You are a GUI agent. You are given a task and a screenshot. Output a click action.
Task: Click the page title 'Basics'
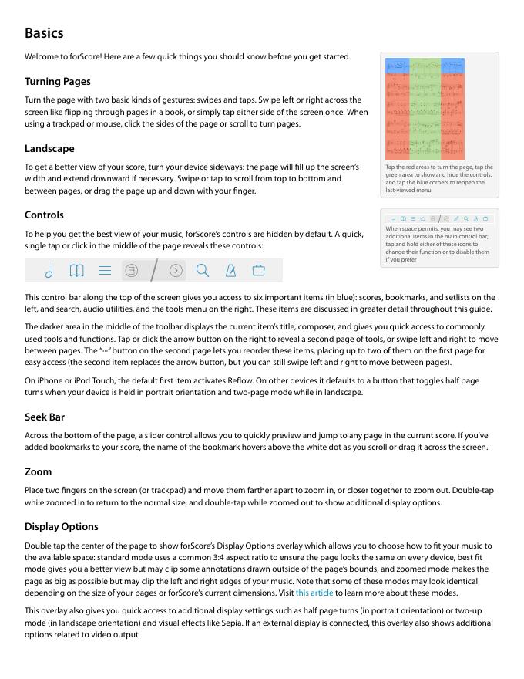(x=44, y=33)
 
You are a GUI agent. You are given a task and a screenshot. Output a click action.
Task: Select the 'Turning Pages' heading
(x=57, y=81)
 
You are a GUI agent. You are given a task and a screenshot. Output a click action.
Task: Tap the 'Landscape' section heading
(x=49, y=148)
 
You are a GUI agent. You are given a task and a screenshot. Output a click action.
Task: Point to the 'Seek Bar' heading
(x=45, y=417)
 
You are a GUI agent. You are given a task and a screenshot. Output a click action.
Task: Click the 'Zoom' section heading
(x=39, y=471)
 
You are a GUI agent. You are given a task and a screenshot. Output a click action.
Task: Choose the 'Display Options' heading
(x=62, y=526)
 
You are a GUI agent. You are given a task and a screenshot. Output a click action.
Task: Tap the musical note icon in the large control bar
(x=49, y=271)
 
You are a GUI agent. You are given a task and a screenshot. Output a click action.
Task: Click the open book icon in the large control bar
(x=76, y=271)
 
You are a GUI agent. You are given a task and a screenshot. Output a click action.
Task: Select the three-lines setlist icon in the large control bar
(x=105, y=271)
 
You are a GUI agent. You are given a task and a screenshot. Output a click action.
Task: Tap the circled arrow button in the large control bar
(x=176, y=271)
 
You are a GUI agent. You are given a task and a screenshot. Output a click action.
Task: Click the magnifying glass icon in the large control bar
(x=203, y=271)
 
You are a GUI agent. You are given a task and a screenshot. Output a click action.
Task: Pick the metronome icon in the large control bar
(x=230, y=271)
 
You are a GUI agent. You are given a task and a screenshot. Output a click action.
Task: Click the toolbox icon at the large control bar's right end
(x=258, y=271)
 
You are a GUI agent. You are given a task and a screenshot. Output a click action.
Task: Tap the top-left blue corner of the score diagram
(x=397, y=66)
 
